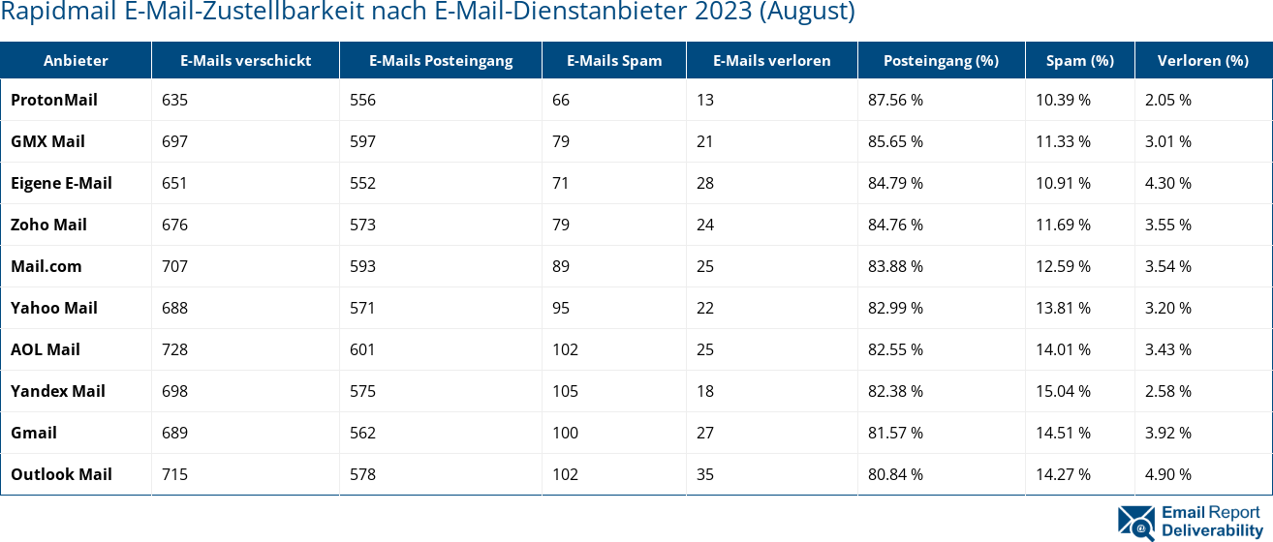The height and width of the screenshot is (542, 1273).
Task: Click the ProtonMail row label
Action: click(x=54, y=100)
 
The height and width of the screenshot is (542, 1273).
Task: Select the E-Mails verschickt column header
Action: click(x=245, y=60)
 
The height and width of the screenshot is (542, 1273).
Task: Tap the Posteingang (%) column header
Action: click(x=941, y=60)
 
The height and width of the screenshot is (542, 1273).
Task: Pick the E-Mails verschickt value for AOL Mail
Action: click(x=175, y=349)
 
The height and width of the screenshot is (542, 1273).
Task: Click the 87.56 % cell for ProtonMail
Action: click(x=895, y=100)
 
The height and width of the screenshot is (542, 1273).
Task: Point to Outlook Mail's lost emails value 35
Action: click(x=704, y=474)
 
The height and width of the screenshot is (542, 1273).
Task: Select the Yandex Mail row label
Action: click(x=58, y=391)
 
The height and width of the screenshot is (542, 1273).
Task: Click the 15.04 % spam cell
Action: click(x=1063, y=391)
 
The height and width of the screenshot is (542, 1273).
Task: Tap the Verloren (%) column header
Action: click(x=1202, y=60)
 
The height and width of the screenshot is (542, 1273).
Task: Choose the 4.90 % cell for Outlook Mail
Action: click(x=1167, y=474)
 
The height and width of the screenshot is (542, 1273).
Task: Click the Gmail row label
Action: click(x=34, y=433)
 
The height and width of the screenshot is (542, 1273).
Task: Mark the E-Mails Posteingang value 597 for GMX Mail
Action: click(x=362, y=141)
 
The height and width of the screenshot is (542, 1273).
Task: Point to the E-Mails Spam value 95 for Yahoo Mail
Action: click(x=561, y=308)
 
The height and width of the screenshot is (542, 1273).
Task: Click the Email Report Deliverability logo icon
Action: click(x=1136, y=521)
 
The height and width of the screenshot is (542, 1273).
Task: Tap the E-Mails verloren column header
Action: click(x=771, y=60)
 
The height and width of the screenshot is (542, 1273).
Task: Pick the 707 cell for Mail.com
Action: click(x=175, y=266)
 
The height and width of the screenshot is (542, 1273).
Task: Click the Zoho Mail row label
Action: click(x=49, y=225)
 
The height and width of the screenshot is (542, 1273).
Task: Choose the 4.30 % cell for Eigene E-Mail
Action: click(x=1167, y=183)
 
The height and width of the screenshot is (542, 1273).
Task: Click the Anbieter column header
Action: click(x=76, y=60)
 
